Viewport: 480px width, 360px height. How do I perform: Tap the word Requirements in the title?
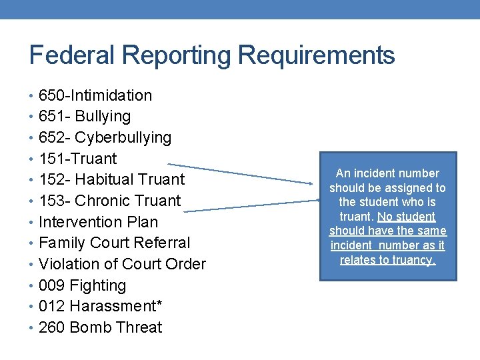[x=316, y=55]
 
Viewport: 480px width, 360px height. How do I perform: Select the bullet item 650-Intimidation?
[x=95, y=95]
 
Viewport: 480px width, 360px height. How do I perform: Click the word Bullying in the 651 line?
[x=103, y=117]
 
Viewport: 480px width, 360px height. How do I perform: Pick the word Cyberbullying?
[x=123, y=138]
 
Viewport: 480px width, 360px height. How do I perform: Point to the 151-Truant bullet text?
[x=77, y=159]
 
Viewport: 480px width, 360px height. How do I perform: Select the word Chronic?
[x=108, y=201]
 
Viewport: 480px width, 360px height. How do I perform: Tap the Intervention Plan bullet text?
[x=98, y=222]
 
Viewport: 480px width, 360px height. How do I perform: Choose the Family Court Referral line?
[x=114, y=243]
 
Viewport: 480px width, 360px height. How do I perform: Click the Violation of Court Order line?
[x=122, y=265]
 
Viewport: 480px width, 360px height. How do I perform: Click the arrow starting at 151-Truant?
[x=240, y=173]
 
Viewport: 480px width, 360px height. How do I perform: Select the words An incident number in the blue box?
[x=387, y=173]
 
